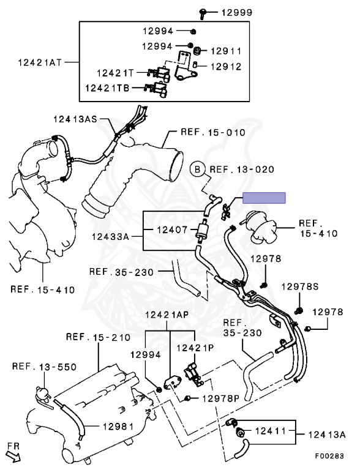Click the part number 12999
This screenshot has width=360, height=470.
point(237,13)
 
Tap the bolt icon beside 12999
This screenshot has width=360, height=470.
point(203,13)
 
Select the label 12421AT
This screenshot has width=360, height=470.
point(40,62)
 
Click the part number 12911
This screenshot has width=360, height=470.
point(226,51)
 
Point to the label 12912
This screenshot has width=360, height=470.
point(226,67)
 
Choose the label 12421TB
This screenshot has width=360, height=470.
point(107,88)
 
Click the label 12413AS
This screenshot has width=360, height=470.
point(75,119)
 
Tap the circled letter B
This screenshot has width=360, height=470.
point(197,170)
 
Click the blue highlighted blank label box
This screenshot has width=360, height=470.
point(264,198)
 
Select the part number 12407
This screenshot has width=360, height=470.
point(173,230)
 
